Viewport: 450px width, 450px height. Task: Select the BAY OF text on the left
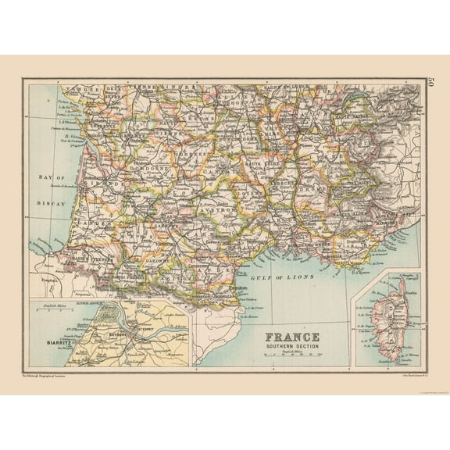coord(50,178)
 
